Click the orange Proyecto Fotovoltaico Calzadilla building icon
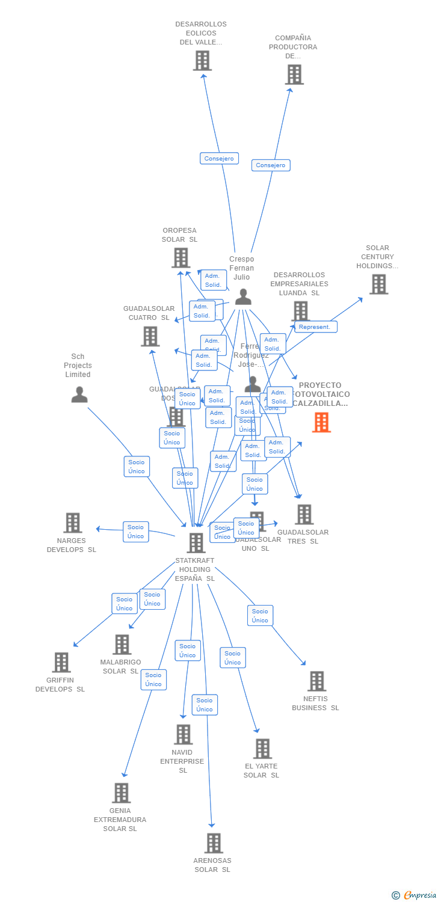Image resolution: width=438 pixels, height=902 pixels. click(x=321, y=423)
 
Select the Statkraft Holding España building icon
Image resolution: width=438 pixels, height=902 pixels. click(x=196, y=543)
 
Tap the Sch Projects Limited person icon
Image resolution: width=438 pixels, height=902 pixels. click(x=79, y=395)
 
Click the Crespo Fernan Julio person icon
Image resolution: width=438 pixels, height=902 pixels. click(x=242, y=297)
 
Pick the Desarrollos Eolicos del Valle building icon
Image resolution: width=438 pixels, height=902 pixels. click(x=202, y=61)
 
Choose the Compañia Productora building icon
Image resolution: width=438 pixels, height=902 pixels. click(x=294, y=75)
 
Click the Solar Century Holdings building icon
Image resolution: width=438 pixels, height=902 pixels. click(x=378, y=284)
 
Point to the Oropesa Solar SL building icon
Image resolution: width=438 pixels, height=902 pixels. click(x=180, y=258)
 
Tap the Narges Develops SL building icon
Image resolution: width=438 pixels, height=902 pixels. click(x=73, y=523)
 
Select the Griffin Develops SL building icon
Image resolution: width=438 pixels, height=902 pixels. click(x=61, y=663)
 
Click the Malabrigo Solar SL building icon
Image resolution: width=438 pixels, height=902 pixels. click(x=122, y=645)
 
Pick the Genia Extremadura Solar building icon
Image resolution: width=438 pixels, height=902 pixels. click(x=121, y=793)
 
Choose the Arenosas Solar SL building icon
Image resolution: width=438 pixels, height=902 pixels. click(x=214, y=843)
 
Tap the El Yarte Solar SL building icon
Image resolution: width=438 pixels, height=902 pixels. click(x=262, y=749)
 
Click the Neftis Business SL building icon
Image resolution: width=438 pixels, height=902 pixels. click(x=316, y=681)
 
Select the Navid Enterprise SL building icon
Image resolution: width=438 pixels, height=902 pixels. click(x=183, y=734)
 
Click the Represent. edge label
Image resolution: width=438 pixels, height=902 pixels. click(x=315, y=327)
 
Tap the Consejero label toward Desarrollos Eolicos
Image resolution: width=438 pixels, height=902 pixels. click(x=219, y=159)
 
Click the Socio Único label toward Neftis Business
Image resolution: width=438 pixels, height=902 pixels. click(x=260, y=615)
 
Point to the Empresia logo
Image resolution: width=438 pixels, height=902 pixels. click(x=415, y=895)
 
